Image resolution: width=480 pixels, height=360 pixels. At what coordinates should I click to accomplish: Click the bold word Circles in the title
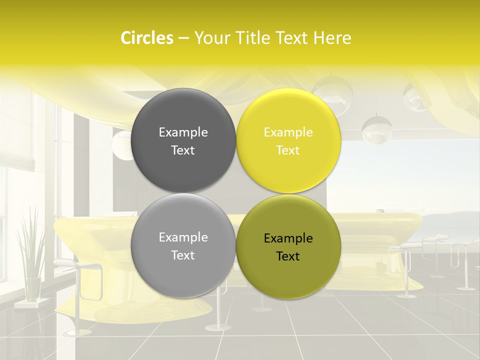[146, 38]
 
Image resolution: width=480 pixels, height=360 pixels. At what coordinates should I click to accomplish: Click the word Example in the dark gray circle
[183, 132]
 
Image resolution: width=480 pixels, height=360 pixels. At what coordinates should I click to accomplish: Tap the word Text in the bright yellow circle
[288, 150]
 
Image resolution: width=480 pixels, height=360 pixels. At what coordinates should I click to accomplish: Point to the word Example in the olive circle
[288, 238]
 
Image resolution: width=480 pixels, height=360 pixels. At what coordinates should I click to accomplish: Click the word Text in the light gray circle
[183, 255]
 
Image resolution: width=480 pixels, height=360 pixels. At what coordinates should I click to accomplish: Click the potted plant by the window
[30, 250]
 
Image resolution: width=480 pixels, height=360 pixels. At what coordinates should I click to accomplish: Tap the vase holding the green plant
[33, 289]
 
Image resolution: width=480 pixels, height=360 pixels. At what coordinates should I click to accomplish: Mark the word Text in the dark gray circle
[183, 150]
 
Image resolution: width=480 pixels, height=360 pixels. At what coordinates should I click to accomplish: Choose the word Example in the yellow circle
[288, 132]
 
